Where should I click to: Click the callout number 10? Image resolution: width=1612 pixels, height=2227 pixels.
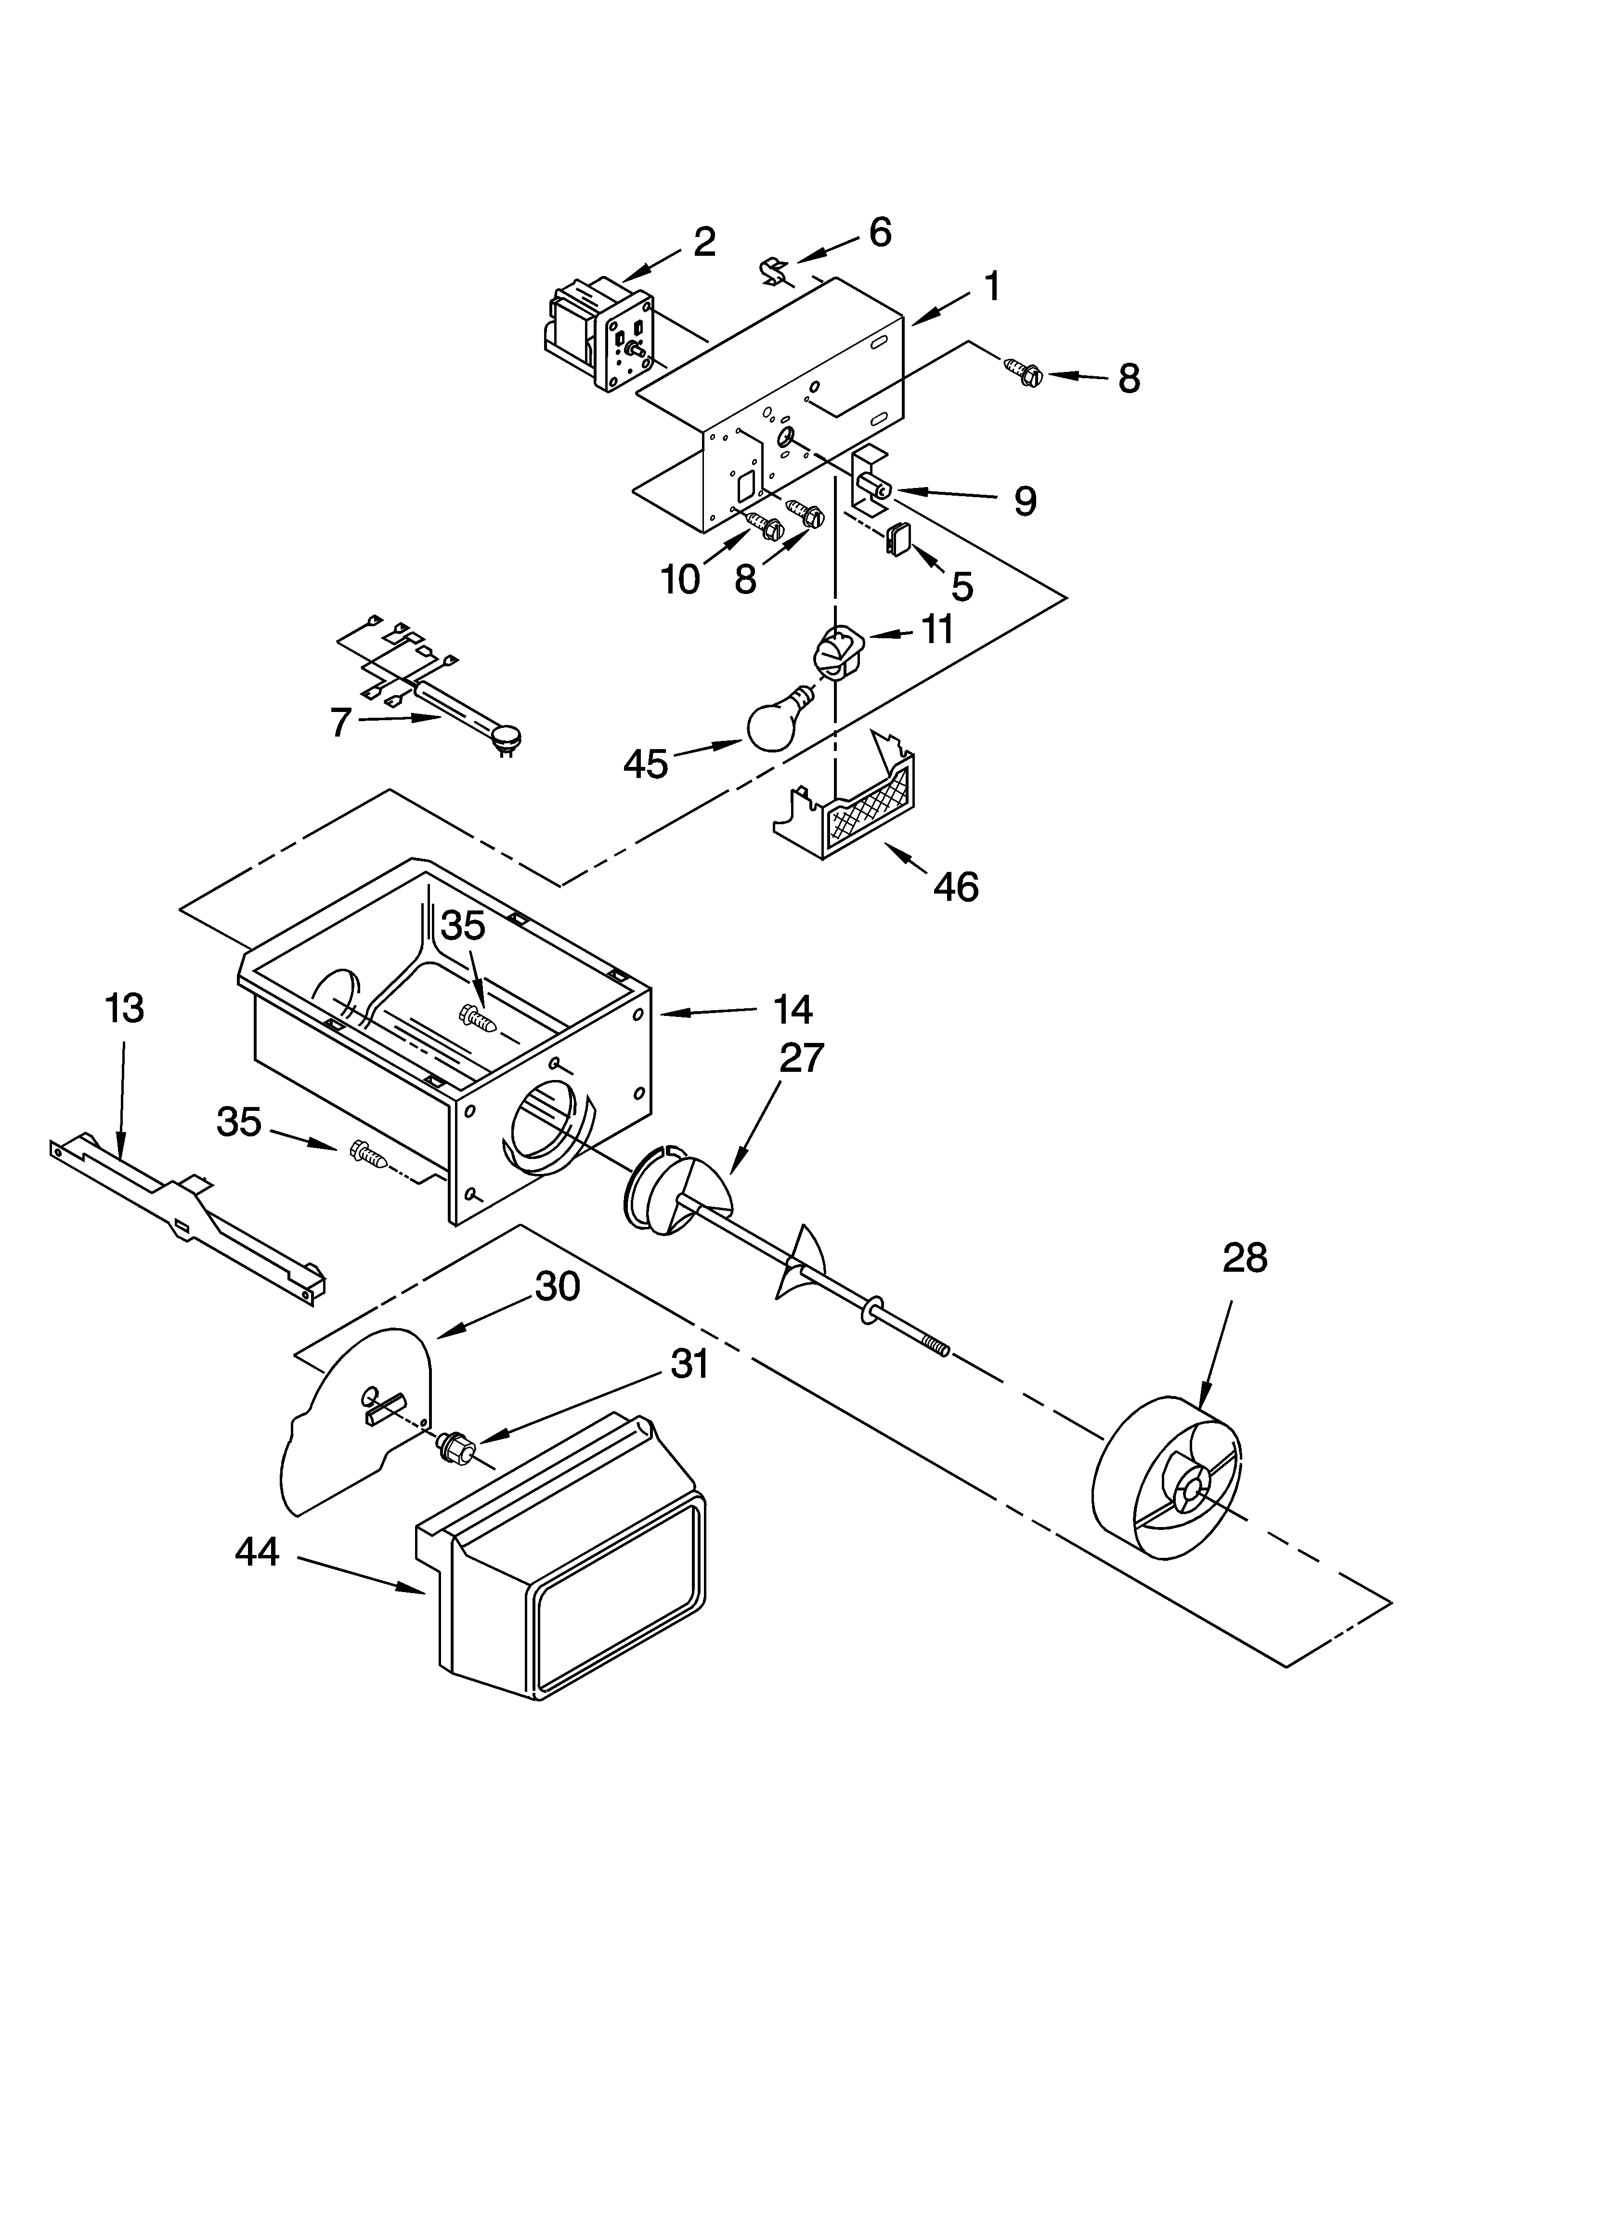click(x=679, y=580)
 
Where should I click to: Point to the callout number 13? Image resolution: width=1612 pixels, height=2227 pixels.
click(x=124, y=1008)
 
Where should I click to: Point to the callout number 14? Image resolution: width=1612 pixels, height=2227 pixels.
click(x=792, y=1008)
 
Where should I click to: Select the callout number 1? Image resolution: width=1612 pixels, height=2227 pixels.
click(x=992, y=286)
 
